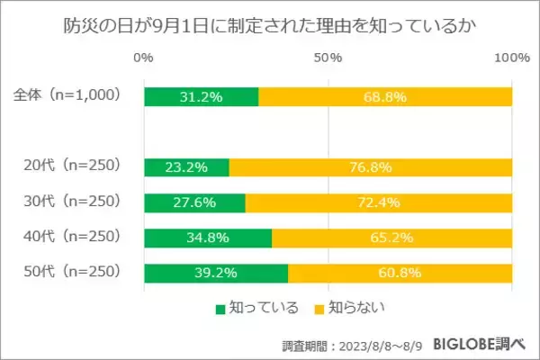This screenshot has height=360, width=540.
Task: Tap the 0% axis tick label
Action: point(142,58)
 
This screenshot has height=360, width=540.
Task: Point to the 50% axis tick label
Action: point(328,58)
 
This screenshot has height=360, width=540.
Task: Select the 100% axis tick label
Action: point(512,58)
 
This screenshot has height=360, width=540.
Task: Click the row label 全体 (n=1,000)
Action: point(68,96)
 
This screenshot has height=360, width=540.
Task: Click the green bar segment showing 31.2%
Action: point(201,96)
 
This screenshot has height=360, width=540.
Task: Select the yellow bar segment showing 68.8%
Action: point(385,96)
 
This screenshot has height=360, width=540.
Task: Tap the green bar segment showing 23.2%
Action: point(186,166)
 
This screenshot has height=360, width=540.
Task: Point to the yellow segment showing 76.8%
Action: point(371,166)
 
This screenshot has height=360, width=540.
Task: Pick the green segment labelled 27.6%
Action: point(194,202)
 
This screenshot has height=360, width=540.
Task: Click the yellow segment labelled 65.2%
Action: point(391,238)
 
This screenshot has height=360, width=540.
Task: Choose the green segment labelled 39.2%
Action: point(216,272)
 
